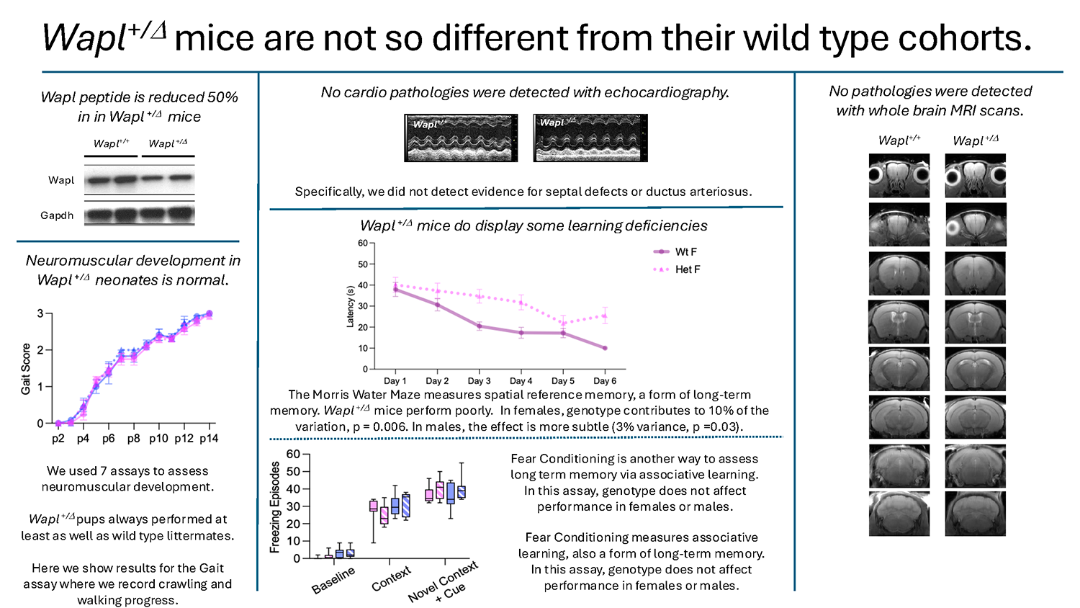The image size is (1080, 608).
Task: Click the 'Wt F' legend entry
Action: [685, 251]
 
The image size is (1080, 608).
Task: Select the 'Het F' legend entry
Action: [687, 269]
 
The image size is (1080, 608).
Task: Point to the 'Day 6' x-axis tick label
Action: [605, 380]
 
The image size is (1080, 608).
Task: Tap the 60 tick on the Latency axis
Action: [363, 243]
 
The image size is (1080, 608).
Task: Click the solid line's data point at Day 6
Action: [605, 348]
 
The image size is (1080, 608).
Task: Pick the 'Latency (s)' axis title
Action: [351, 306]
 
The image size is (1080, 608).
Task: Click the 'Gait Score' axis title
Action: [26, 368]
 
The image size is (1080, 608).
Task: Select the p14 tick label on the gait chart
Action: [209, 438]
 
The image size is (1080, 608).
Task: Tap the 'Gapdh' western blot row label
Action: [57, 215]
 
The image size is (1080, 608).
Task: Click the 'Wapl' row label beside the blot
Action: [61, 180]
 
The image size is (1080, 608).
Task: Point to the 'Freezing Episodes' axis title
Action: [274, 507]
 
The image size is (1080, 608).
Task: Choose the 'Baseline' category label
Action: [333, 580]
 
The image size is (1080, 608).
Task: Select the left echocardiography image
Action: [461, 138]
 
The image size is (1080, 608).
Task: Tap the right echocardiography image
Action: [590, 138]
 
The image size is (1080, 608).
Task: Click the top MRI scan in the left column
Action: [899, 176]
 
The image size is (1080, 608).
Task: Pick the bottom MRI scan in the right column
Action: [975, 514]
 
